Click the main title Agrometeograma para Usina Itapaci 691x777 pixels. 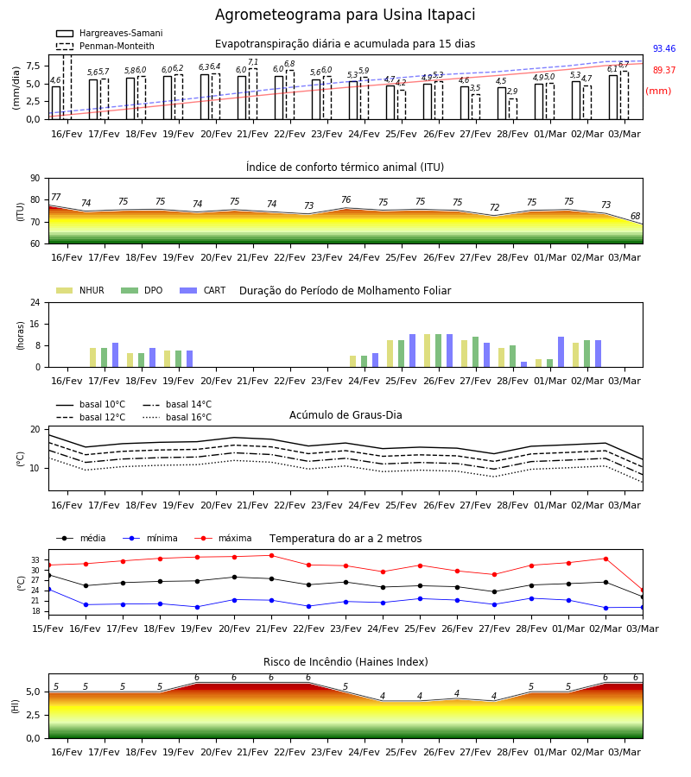pos(345,15)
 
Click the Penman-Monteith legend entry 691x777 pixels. pos(105,46)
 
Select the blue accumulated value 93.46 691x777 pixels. pos(664,48)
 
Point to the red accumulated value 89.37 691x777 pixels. pos(664,71)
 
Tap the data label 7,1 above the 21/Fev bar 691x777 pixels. pos(253,62)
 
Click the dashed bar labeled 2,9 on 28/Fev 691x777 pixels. pos(512,109)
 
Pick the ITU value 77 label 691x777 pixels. pos(56,197)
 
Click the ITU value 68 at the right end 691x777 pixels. pos(635,216)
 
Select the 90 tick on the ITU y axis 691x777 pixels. pos(35,179)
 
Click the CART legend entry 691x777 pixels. pos(203,290)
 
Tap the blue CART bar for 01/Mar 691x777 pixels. pos(561,352)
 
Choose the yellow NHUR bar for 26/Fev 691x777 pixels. pos(428,351)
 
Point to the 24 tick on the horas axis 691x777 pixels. pos(35,302)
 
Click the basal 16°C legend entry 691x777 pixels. pos(177,418)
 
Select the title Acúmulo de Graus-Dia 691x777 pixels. pos(345,415)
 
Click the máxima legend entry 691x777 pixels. pos(223,538)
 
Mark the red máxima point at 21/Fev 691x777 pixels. pos(271,555)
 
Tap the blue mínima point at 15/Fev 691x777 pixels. pos(48,590)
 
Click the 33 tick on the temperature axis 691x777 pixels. pos(35,560)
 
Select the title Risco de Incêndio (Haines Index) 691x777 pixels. pos(345,662)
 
